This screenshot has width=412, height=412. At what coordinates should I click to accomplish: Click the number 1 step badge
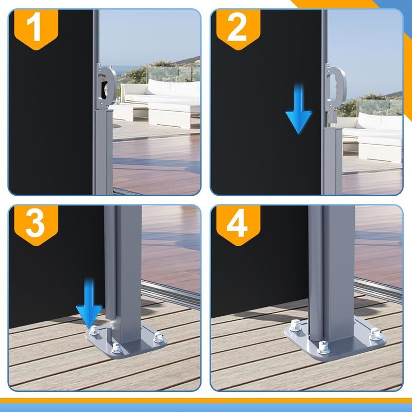pyautogui.click(x=36, y=29)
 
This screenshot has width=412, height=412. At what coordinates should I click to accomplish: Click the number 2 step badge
pyautogui.click(x=238, y=29)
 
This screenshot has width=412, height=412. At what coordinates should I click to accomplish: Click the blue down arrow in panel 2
pyautogui.click(x=299, y=109)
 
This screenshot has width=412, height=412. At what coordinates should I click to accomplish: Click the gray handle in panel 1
pyautogui.click(x=107, y=86)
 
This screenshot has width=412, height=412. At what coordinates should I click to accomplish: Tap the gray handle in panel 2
pyautogui.click(x=336, y=88)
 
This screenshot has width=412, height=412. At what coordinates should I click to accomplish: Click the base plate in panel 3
pyautogui.click(x=126, y=340)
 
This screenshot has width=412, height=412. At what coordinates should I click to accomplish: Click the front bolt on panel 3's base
pyautogui.click(x=116, y=348)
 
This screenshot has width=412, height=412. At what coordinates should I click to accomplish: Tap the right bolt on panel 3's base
pyautogui.click(x=159, y=337)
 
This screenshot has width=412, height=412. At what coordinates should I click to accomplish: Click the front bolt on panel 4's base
pyautogui.click(x=324, y=347)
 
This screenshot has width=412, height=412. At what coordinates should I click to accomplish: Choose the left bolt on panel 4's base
pyautogui.click(x=296, y=325)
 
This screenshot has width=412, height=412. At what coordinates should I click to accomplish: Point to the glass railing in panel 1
pyautogui.click(x=174, y=74)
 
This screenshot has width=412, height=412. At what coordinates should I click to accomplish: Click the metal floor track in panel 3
pyautogui.click(x=171, y=294)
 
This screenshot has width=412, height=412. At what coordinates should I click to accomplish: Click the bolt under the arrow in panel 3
pyautogui.click(x=94, y=330)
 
